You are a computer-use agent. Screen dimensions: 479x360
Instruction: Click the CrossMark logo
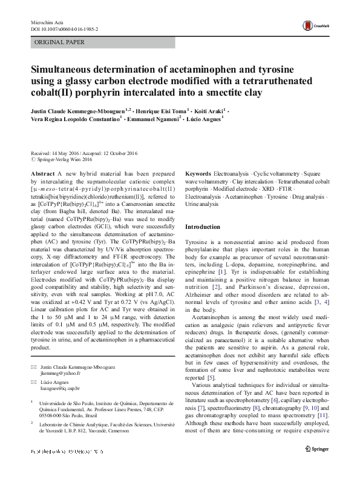[x=316, y=25]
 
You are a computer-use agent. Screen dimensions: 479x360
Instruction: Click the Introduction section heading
[x=203, y=226]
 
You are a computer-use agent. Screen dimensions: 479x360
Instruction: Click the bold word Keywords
[x=198, y=173]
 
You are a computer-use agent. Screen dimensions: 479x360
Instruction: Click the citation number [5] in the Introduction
[x=211, y=377]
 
